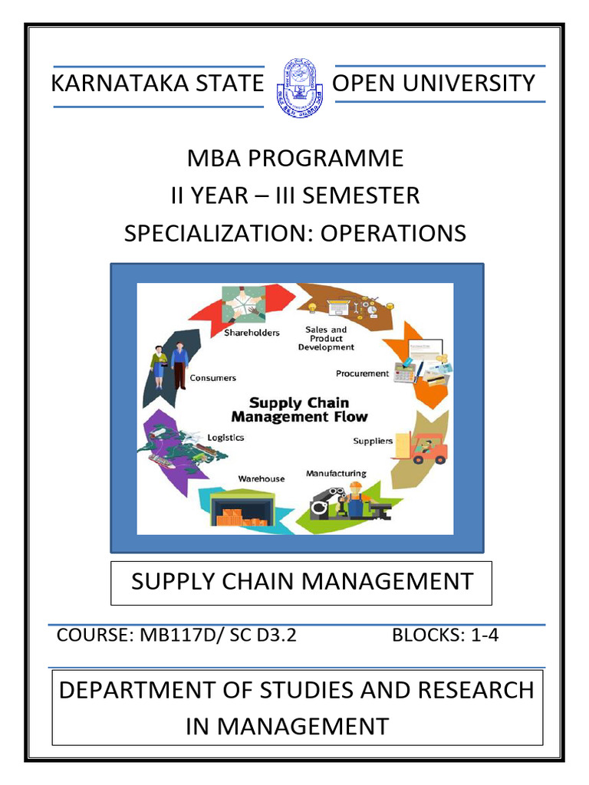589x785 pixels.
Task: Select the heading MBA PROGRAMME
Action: coord(295,158)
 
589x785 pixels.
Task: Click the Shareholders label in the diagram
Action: coord(252,333)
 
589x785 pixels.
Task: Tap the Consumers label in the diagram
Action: coord(213,378)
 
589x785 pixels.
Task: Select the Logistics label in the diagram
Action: coord(225,438)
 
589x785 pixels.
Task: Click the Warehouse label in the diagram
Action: coord(261,478)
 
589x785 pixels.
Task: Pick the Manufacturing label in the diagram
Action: coord(336,473)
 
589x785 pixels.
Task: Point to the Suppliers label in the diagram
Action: coord(373,441)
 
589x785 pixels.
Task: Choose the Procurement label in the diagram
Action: coord(363,374)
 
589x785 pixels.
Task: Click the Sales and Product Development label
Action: coord(326,338)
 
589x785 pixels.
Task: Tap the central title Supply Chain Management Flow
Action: coord(300,410)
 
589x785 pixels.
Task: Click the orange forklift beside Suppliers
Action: coord(428,449)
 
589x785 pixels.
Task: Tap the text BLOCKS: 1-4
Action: coord(445,636)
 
